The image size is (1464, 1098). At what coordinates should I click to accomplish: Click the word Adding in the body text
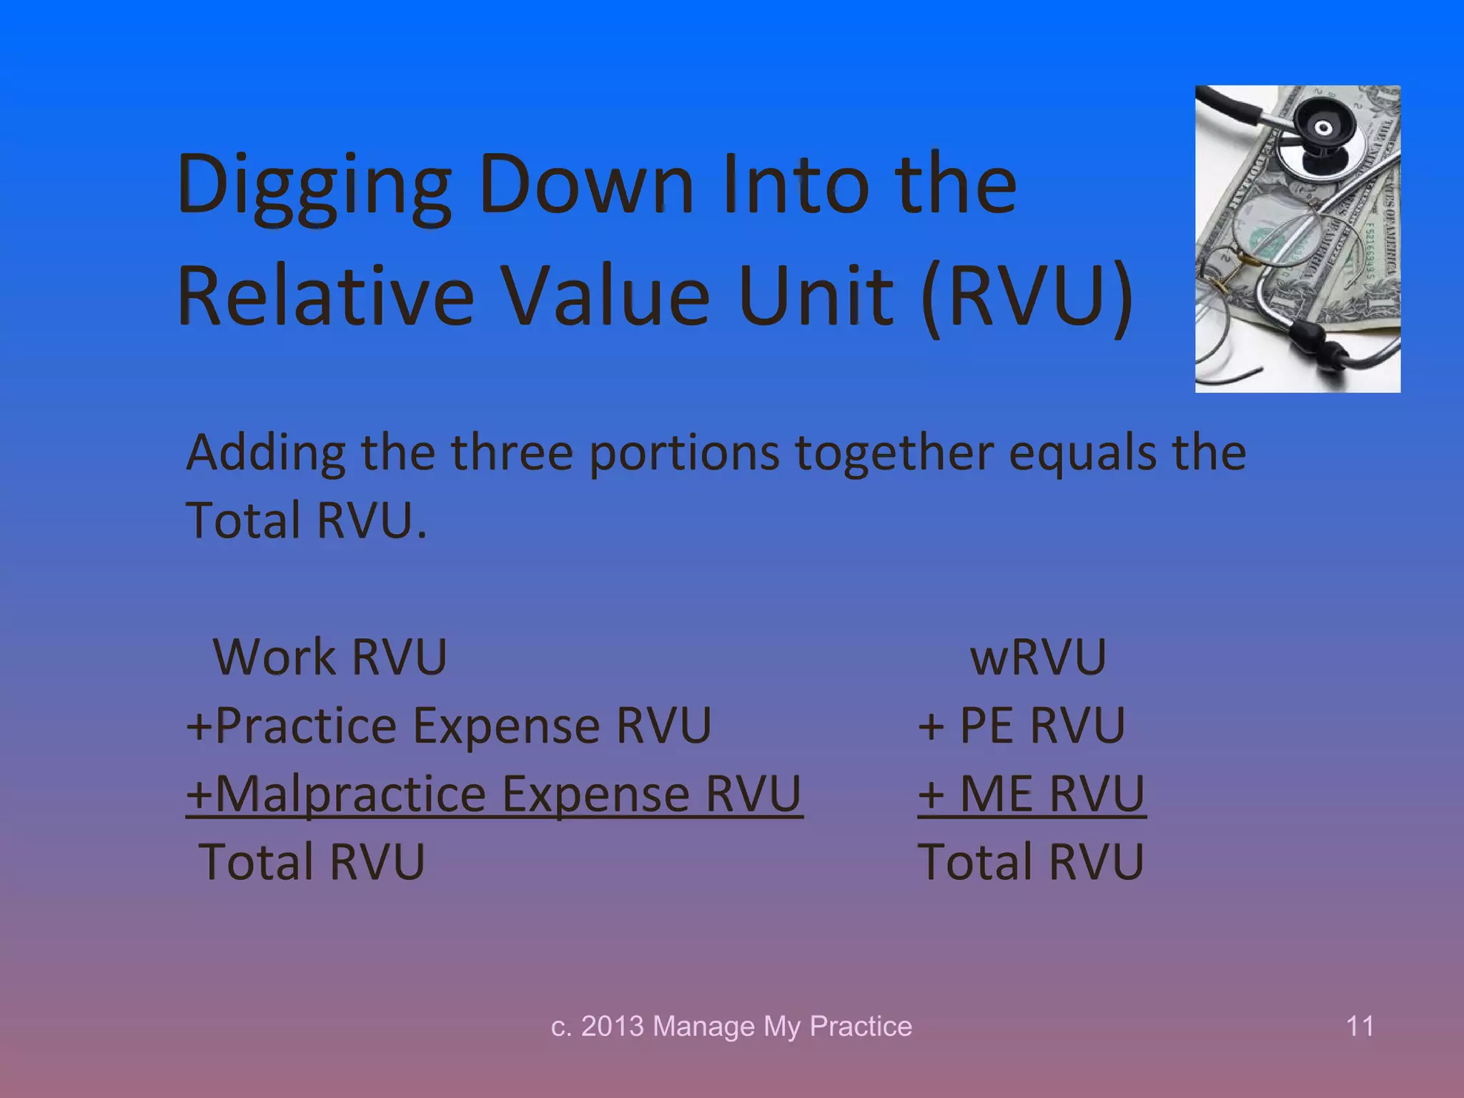click(x=265, y=454)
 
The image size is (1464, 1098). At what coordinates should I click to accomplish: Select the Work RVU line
click(x=330, y=657)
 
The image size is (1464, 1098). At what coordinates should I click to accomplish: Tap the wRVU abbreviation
click(x=1037, y=657)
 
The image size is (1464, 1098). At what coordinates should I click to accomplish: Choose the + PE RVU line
click(x=1022, y=726)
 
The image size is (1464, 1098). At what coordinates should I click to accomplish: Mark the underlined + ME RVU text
click(x=1032, y=794)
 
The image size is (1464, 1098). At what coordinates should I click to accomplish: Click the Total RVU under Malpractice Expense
click(x=312, y=862)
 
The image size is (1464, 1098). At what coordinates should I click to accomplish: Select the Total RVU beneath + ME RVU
click(x=1030, y=862)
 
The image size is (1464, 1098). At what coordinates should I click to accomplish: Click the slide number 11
click(x=1360, y=1027)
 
